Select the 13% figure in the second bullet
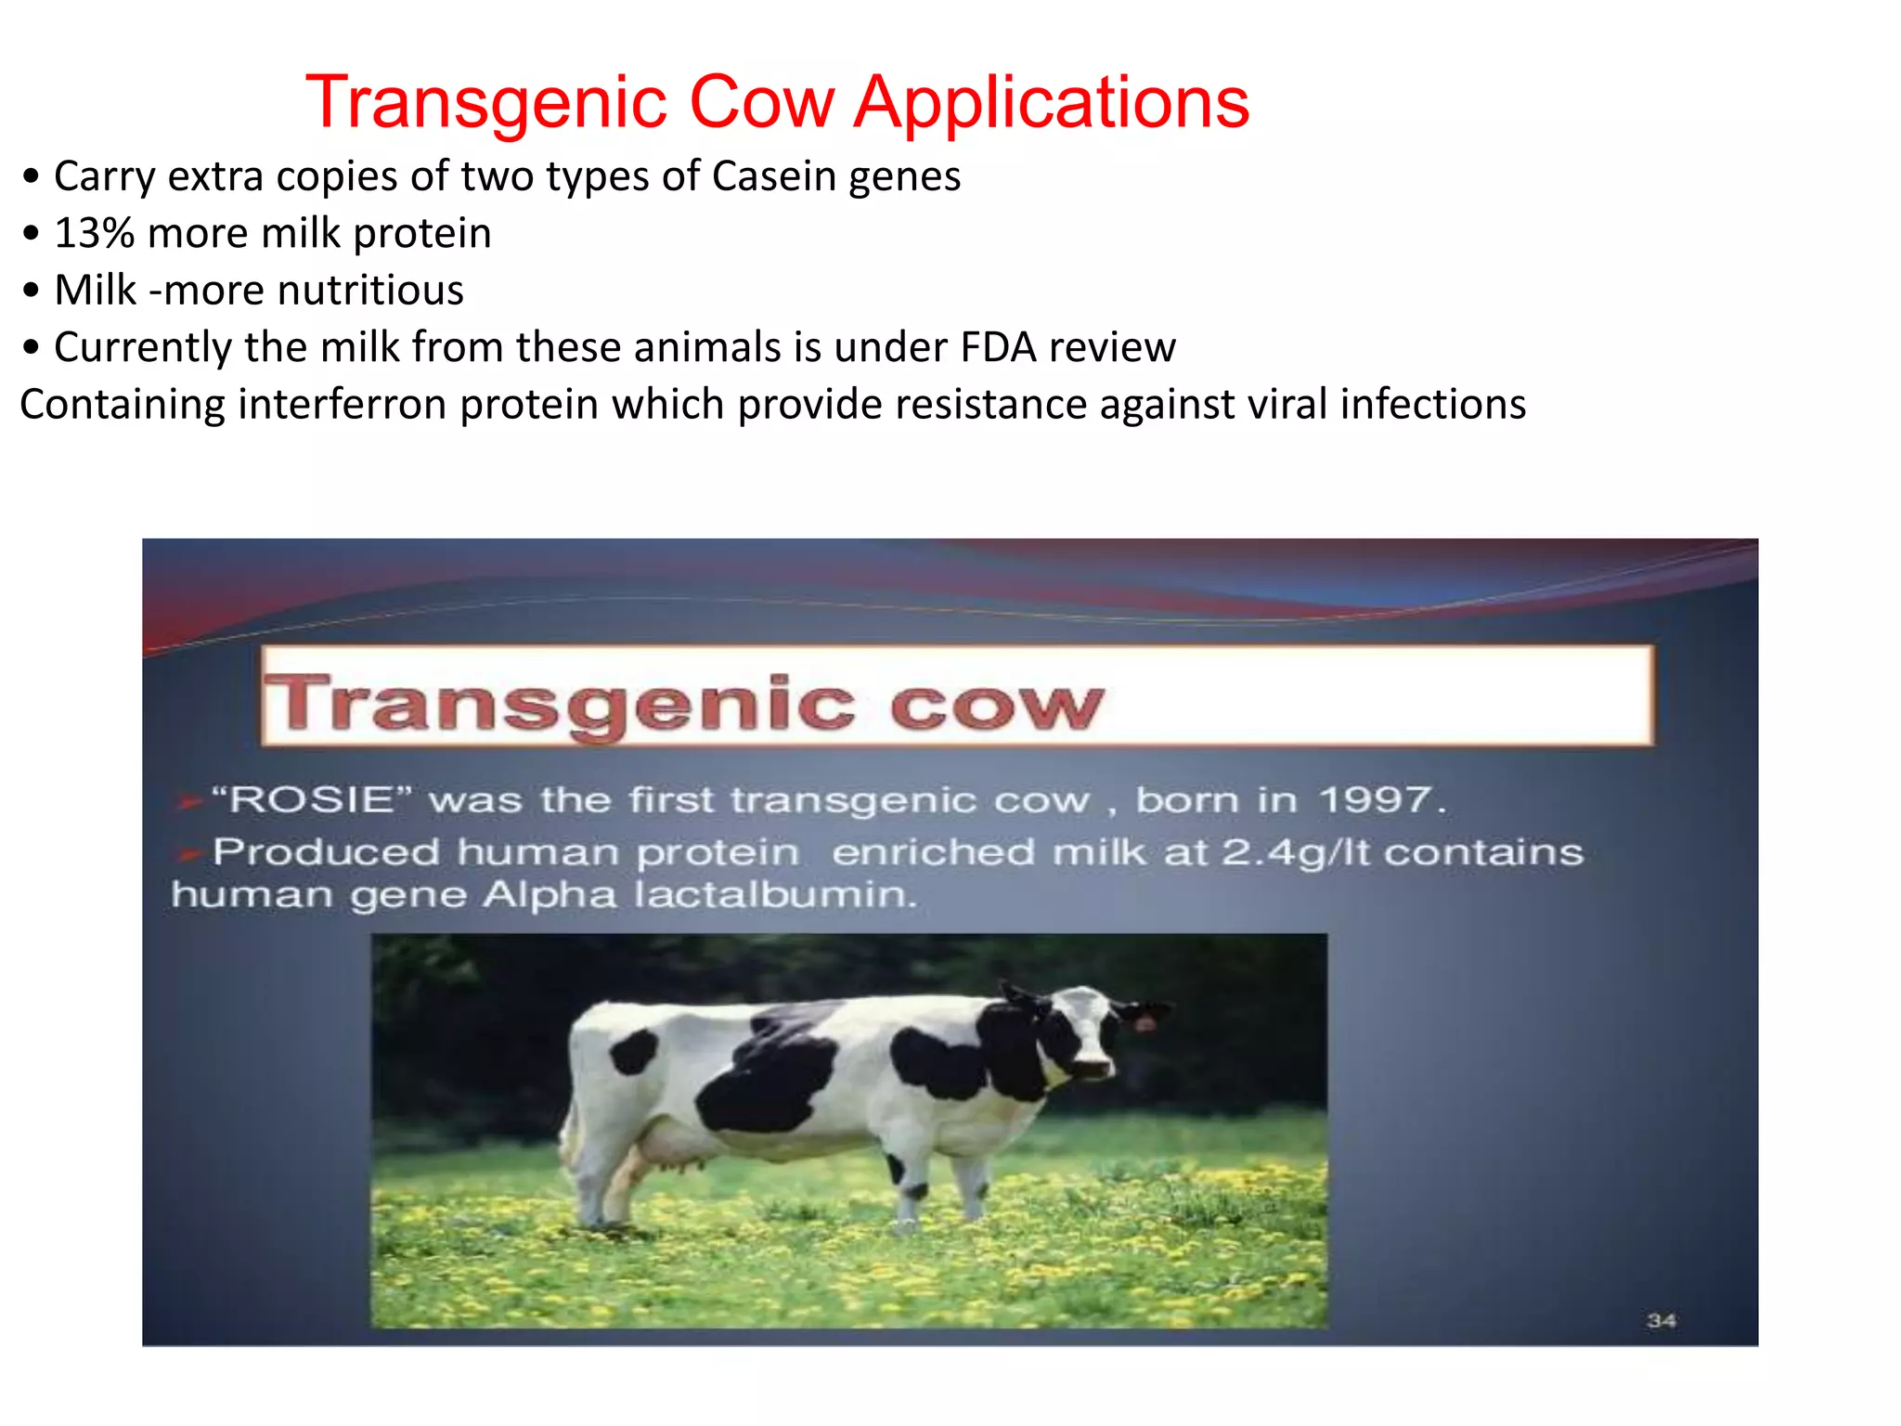(95, 233)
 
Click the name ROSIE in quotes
(312, 799)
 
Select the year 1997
(1377, 799)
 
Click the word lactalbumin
(774, 895)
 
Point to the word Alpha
(549, 895)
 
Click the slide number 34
(1661, 1320)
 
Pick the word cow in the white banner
(996, 706)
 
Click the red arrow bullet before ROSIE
(188, 800)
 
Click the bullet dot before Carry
(32, 176)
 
